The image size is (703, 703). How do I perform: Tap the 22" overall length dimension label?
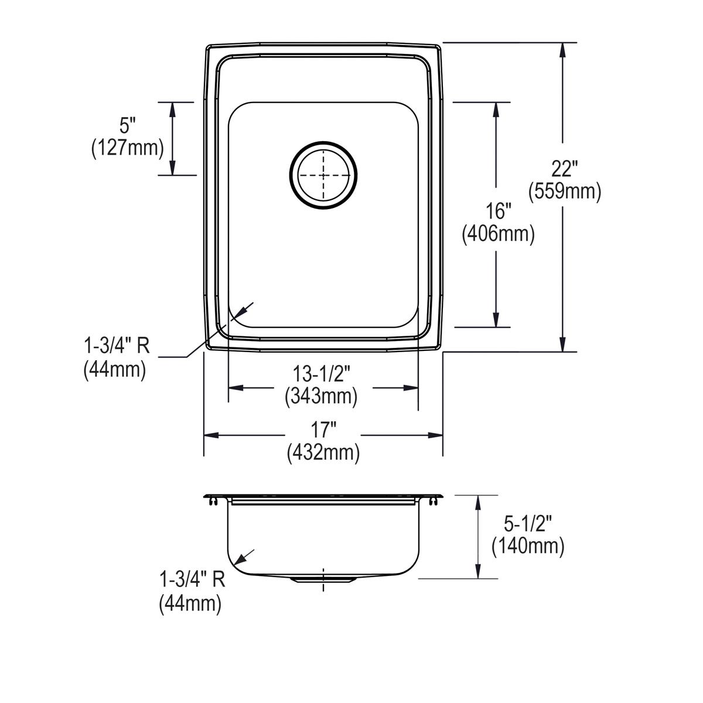coord(564,169)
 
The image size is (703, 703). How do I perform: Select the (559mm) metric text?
coord(565,192)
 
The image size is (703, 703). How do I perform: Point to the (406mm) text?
coord(499,234)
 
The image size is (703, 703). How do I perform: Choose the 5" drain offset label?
coord(128,126)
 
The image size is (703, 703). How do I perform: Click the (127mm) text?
coord(128,148)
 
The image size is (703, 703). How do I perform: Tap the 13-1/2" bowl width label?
coord(322,374)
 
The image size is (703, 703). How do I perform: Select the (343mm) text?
coord(321,396)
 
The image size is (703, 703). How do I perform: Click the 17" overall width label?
coord(323,431)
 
